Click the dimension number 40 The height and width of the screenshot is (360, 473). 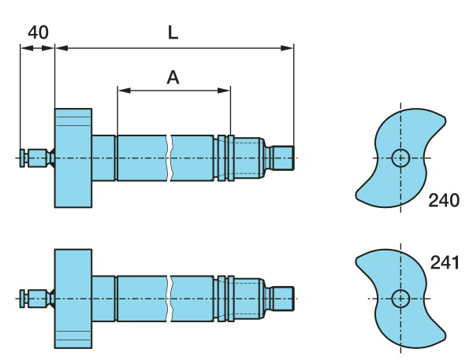point(38,32)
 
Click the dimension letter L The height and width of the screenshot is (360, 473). point(173,32)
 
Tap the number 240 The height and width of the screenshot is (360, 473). point(444,200)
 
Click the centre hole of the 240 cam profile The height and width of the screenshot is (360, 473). point(400,158)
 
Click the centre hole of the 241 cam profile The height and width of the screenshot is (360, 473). point(400,299)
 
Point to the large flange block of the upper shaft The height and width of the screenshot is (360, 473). point(73,158)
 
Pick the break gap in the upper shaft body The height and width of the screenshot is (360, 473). point(170,158)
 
